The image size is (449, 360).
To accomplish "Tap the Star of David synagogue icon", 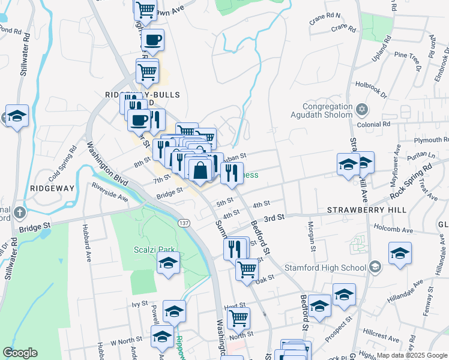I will point(361,109).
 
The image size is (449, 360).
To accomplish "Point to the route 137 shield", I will point(184,223).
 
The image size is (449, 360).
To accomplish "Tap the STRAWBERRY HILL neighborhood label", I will point(367,210).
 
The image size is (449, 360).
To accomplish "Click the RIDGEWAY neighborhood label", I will point(52,188).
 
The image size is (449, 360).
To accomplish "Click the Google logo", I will point(20,353).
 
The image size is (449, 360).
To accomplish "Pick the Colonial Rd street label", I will point(373,124).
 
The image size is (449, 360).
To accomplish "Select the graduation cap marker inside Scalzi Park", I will point(169,263).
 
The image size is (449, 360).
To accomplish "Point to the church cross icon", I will point(20,212).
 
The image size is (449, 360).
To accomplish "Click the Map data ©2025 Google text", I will point(411,355).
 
